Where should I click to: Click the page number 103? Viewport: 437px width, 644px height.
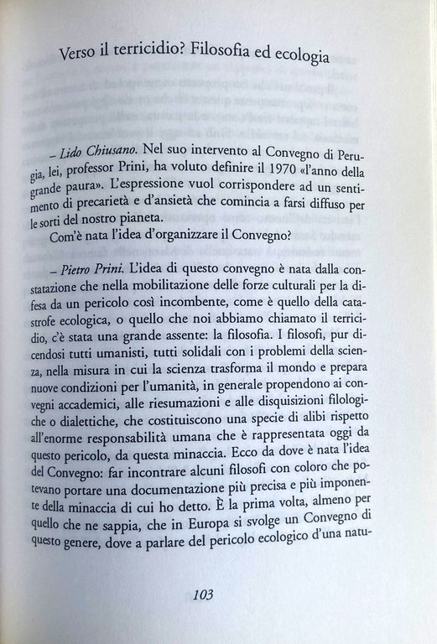205,595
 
